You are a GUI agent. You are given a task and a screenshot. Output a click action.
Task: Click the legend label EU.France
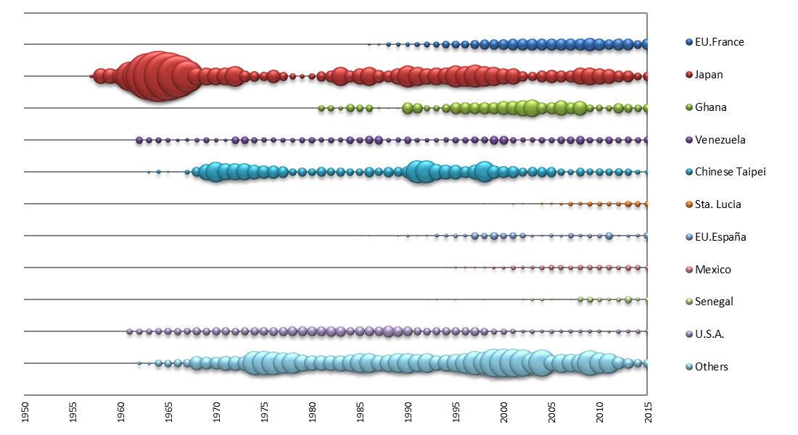coord(719,42)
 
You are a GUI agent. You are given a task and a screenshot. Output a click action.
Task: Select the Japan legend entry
coord(709,75)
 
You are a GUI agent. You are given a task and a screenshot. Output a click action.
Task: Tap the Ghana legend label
coord(710,107)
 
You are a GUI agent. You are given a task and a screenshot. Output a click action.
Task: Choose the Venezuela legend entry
coord(720,139)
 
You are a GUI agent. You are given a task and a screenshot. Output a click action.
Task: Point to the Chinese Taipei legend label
coord(730,172)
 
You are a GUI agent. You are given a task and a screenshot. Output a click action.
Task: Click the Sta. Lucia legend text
coord(717,204)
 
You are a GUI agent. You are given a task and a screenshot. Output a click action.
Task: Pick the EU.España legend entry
coord(720,236)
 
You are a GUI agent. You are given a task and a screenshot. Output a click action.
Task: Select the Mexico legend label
coord(712,270)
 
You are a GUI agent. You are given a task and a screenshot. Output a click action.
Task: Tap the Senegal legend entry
coord(714,302)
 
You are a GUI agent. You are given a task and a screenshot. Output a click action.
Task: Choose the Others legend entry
coord(711,367)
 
